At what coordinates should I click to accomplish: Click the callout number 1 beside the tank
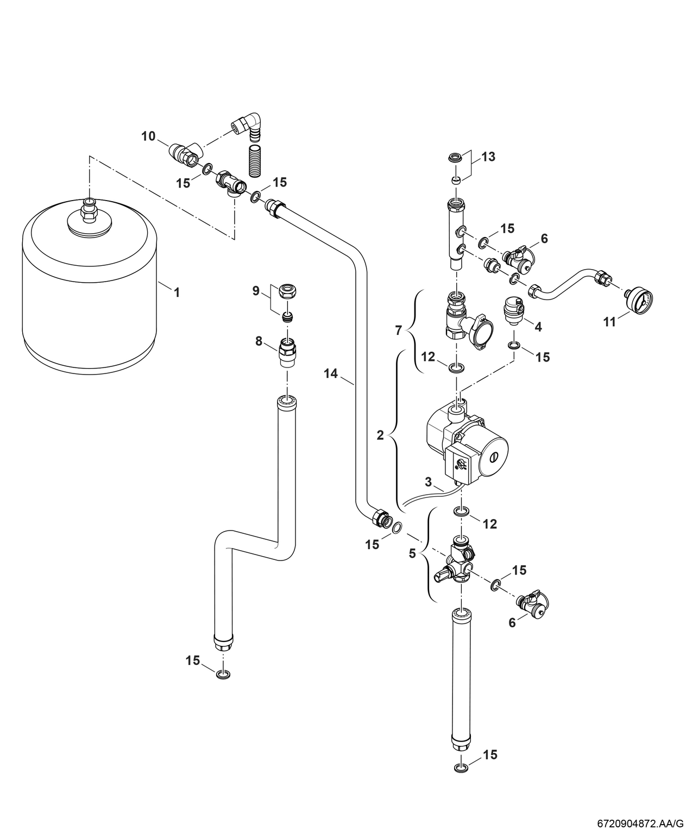point(176,292)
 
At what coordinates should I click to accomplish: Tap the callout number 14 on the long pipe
point(331,373)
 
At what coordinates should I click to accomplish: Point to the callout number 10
point(148,136)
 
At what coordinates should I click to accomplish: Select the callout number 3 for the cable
point(428,482)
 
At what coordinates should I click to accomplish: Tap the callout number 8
point(259,341)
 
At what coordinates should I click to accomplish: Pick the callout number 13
point(488,157)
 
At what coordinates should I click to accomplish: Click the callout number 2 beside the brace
point(380,435)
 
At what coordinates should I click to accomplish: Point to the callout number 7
point(399,329)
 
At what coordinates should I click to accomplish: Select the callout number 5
point(412,553)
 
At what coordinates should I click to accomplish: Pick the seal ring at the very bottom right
point(461,767)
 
